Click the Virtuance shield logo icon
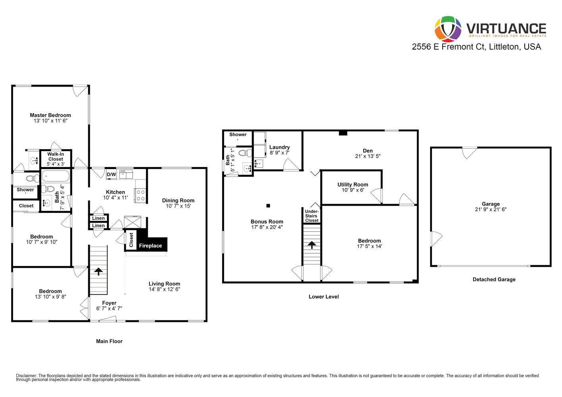pos(448,29)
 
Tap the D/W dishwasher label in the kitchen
pos(111,174)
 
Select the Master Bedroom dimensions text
pos(50,121)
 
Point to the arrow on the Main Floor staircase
pos(98,272)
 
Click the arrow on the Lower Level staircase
pos(312,245)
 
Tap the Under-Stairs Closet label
pos(312,216)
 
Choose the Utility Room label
pos(353,185)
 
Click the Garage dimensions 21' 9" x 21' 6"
pos(491,210)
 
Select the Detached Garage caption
pos(494,279)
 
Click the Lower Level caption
pos(324,297)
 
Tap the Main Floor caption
pos(109,341)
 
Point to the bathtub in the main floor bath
pos(56,176)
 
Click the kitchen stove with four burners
pos(140,195)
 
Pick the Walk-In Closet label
pos(56,157)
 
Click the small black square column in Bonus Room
pos(268,206)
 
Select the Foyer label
pos(109,303)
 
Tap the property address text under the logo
pos(476,47)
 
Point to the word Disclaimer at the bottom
pos(27,376)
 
